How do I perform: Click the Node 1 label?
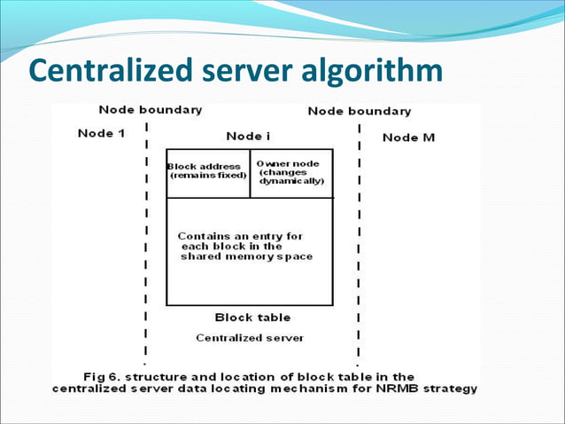pyautogui.click(x=101, y=134)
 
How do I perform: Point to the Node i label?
pyautogui.click(x=249, y=136)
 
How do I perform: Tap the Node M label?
pyautogui.click(x=408, y=137)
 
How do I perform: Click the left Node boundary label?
pyautogui.click(x=150, y=110)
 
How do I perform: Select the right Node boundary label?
pyautogui.click(x=359, y=111)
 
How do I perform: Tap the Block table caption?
pyautogui.click(x=252, y=317)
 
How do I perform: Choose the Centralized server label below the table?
pyautogui.click(x=250, y=337)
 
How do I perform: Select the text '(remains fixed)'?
pyautogui.click(x=207, y=176)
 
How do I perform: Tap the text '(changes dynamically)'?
pyautogui.click(x=291, y=177)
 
